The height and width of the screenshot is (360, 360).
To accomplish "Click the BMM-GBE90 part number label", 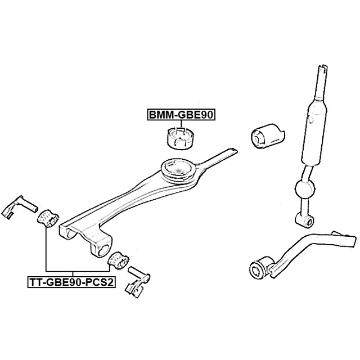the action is (x=181, y=115).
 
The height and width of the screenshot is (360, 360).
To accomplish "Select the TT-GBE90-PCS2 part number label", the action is (x=71, y=282).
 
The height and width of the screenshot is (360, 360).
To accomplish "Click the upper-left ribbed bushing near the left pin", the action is (x=48, y=218).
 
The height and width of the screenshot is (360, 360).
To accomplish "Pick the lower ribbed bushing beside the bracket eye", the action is (x=118, y=260).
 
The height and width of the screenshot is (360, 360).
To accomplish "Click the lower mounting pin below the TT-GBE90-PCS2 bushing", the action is (x=138, y=282).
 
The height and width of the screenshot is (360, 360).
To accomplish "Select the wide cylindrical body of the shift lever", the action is (x=314, y=133).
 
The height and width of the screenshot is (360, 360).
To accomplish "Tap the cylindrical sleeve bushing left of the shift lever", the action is (x=268, y=137).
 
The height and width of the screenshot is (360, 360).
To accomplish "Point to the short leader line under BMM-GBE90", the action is (x=181, y=124).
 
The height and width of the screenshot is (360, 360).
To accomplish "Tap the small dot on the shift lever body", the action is (x=311, y=119).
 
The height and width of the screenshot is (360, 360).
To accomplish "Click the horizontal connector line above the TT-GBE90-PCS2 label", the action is (x=78, y=271).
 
